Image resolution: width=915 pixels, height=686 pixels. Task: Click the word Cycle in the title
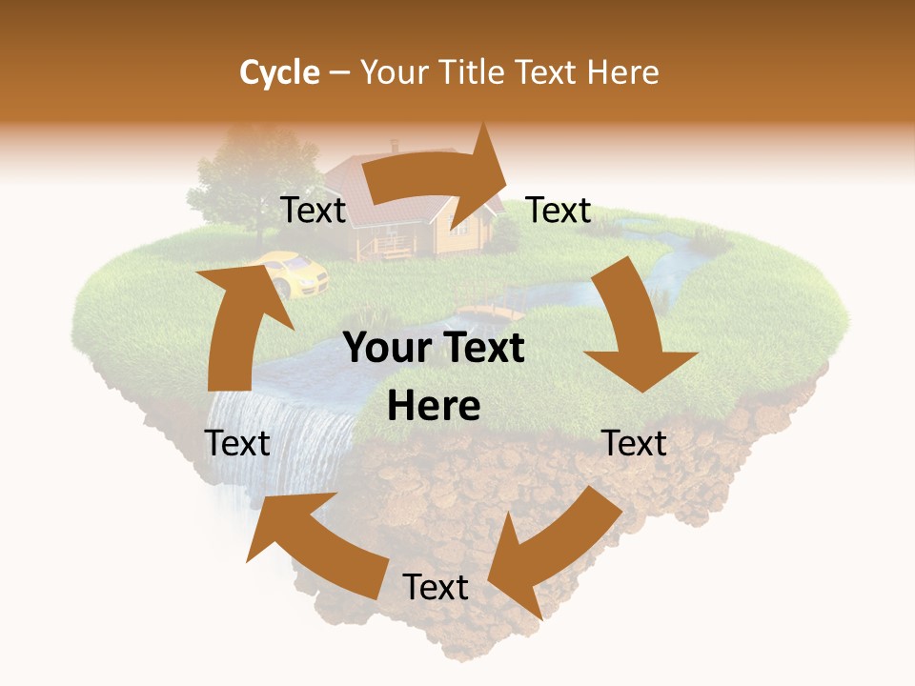pos(279,72)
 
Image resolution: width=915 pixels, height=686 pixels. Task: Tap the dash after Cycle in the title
pos(339,72)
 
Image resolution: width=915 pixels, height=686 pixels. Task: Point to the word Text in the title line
pos(550,72)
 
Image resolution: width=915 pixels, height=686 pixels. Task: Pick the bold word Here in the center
pos(434,407)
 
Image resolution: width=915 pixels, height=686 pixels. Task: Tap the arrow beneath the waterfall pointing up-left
pos(315,538)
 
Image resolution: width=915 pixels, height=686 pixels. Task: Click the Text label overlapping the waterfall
pos(238,443)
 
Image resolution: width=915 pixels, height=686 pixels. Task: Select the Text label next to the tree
pos(313,211)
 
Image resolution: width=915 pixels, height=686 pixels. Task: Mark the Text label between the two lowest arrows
pos(436,587)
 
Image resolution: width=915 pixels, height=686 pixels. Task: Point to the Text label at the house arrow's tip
pos(559,211)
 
